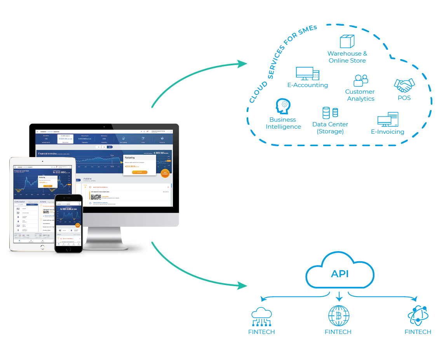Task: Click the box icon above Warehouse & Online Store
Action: [x=347, y=41]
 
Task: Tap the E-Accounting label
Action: [x=308, y=85]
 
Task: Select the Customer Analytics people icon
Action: [x=360, y=80]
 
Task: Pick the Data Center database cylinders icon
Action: [x=330, y=113]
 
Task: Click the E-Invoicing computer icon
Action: [x=388, y=119]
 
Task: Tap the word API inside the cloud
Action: [x=340, y=274]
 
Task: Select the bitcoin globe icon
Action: [x=338, y=315]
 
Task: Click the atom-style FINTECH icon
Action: [x=418, y=315]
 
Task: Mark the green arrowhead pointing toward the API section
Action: [x=242, y=286]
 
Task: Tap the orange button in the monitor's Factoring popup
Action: [x=139, y=172]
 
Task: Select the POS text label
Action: [x=404, y=98]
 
